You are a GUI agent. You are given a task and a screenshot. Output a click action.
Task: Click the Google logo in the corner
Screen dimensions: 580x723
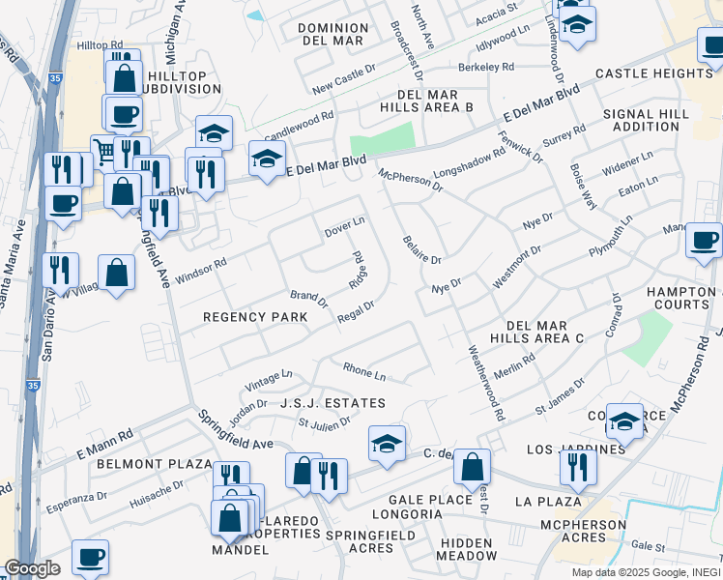[32, 568]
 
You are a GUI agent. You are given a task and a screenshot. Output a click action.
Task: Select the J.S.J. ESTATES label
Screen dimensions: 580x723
[333, 403]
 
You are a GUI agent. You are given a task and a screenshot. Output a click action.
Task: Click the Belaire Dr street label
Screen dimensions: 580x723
[421, 250]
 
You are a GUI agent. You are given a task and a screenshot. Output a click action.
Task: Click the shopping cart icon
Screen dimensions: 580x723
[104, 150]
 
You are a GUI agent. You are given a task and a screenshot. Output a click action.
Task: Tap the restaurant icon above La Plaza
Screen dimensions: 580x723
[578, 468]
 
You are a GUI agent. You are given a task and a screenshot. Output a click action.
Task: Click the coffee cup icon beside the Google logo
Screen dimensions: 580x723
[90, 557]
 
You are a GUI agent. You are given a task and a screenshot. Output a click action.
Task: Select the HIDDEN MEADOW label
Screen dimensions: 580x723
[466, 548]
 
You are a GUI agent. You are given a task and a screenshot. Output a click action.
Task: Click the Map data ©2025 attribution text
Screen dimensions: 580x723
[645, 572]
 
